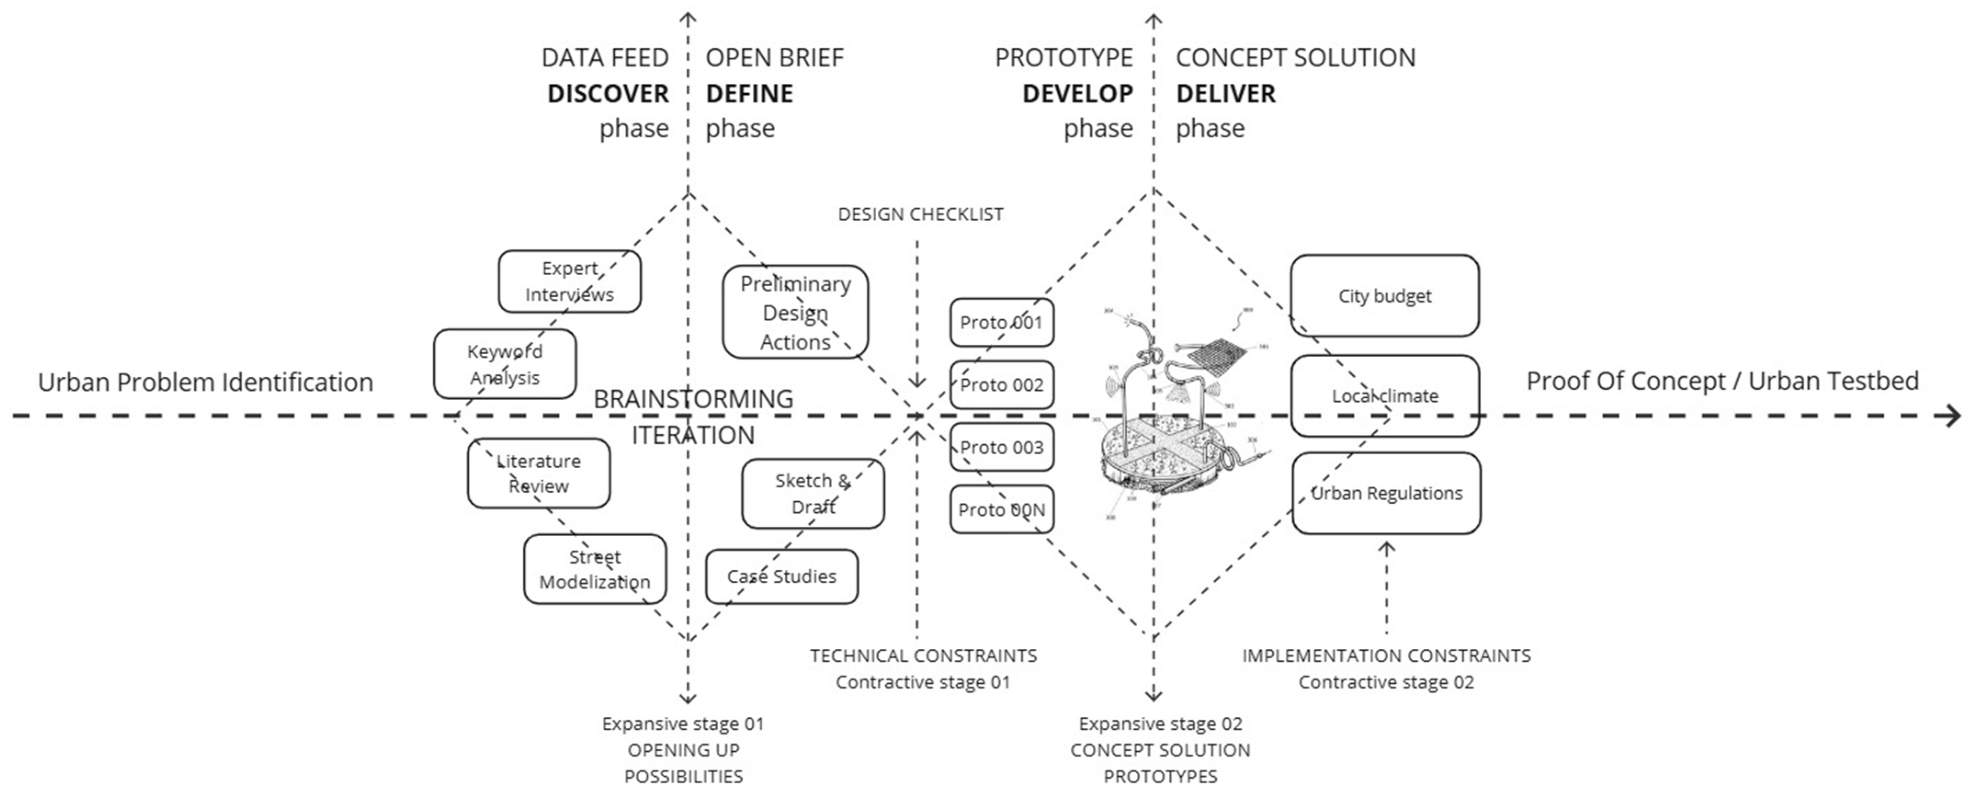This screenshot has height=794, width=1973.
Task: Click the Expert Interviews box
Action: (x=569, y=281)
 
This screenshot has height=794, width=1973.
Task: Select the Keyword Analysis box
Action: (x=505, y=364)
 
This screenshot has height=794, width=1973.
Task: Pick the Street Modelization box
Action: (x=595, y=569)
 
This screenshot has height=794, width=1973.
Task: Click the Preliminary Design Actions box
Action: (x=795, y=312)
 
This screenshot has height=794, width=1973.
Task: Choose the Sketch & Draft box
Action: (x=813, y=493)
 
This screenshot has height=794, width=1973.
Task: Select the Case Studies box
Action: (x=781, y=576)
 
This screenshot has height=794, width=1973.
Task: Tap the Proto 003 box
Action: (x=1001, y=447)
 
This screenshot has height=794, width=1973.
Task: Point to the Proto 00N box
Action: (x=1001, y=509)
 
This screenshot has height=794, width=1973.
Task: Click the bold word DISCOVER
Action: (x=607, y=93)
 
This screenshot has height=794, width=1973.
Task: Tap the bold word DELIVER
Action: (x=1225, y=93)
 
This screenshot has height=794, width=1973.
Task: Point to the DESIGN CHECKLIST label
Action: (x=920, y=215)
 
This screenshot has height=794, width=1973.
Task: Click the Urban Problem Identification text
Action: (x=205, y=382)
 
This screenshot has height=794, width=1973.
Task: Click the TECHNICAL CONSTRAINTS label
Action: (x=923, y=655)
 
